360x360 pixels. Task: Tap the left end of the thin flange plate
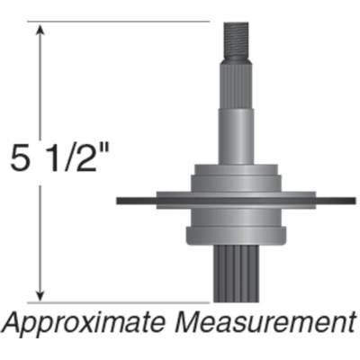[x=121, y=200]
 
